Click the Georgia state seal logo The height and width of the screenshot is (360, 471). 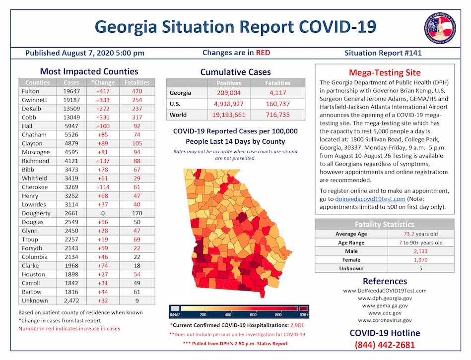tap(440, 27)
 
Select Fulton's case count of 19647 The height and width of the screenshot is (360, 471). tap(71, 91)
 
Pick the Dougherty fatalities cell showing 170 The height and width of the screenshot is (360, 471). tap(137, 213)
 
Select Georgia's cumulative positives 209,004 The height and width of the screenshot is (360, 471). tap(229, 93)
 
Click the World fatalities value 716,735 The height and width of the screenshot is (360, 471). tap(277, 115)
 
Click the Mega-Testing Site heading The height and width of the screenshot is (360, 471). tap(385, 73)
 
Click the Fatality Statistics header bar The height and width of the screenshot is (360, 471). tap(385, 224)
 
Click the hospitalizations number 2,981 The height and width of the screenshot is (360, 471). tap(296, 325)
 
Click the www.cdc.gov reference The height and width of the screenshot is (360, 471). tap(385, 313)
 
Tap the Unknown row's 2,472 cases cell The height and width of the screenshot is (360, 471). tap(71, 300)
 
